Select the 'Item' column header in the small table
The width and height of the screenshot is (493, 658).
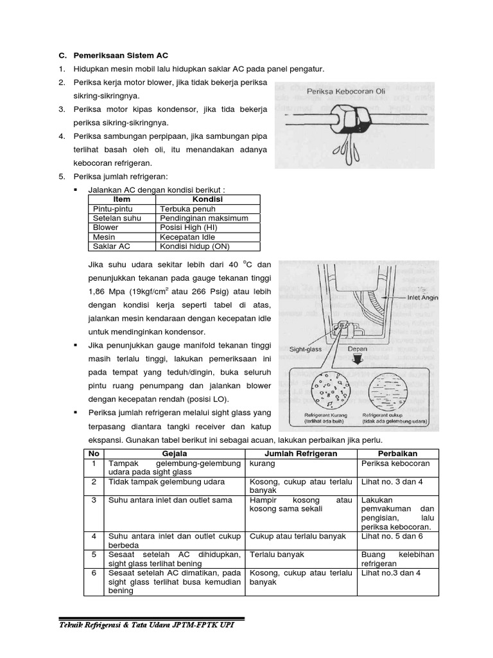tap(121, 200)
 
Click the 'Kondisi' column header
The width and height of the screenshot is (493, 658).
tap(207, 200)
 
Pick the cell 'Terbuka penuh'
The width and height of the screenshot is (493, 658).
tap(183, 209)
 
